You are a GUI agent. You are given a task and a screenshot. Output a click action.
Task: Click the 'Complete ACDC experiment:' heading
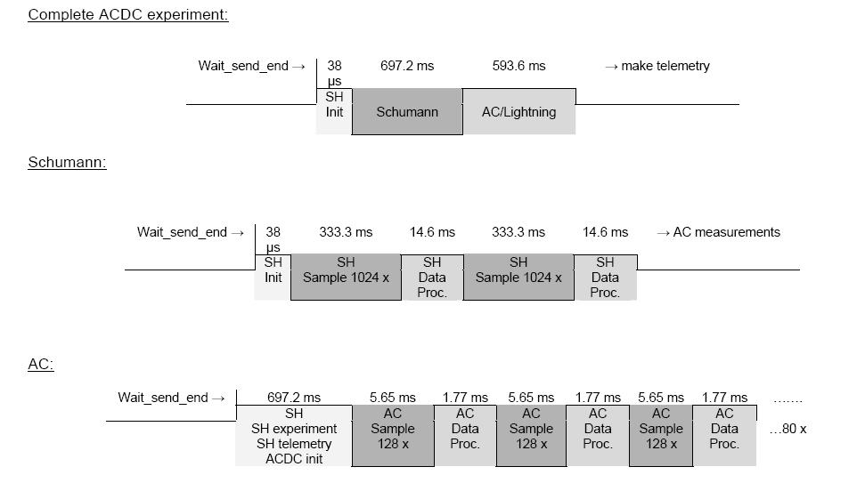(128, 15)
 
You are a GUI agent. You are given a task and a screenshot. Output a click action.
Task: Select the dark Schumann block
(407, 111)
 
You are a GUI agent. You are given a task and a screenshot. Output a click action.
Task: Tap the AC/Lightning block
(519, 111)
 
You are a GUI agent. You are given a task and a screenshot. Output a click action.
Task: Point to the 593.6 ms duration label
(518, 66)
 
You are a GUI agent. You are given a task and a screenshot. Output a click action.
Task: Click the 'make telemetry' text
(665, 66)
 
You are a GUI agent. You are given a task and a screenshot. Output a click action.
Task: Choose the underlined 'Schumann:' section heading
(67, 163)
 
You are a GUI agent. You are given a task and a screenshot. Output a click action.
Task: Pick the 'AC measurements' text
(726, 232)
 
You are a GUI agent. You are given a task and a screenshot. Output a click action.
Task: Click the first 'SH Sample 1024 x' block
(346, 277)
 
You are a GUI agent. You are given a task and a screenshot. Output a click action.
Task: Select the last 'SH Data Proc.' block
(605, 277)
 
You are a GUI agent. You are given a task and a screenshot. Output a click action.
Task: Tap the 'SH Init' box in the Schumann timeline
(273, 277)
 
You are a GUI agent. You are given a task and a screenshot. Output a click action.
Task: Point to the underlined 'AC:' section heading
(41, 365)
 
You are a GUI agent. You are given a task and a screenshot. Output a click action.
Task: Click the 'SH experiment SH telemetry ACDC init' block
(294, 436)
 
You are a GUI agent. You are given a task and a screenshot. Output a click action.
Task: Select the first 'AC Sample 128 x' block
(393, 436)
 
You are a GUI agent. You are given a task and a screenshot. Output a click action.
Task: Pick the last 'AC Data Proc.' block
(724, 436)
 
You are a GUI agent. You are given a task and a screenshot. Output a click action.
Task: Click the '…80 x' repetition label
(787, 429)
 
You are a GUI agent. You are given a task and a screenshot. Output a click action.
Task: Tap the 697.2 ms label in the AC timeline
(293, 398)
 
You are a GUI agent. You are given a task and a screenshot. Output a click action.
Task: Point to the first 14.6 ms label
(432, 232)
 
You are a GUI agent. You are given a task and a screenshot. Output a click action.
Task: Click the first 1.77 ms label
(465, 398)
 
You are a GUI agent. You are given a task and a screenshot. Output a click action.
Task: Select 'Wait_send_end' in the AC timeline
(163, 398)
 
